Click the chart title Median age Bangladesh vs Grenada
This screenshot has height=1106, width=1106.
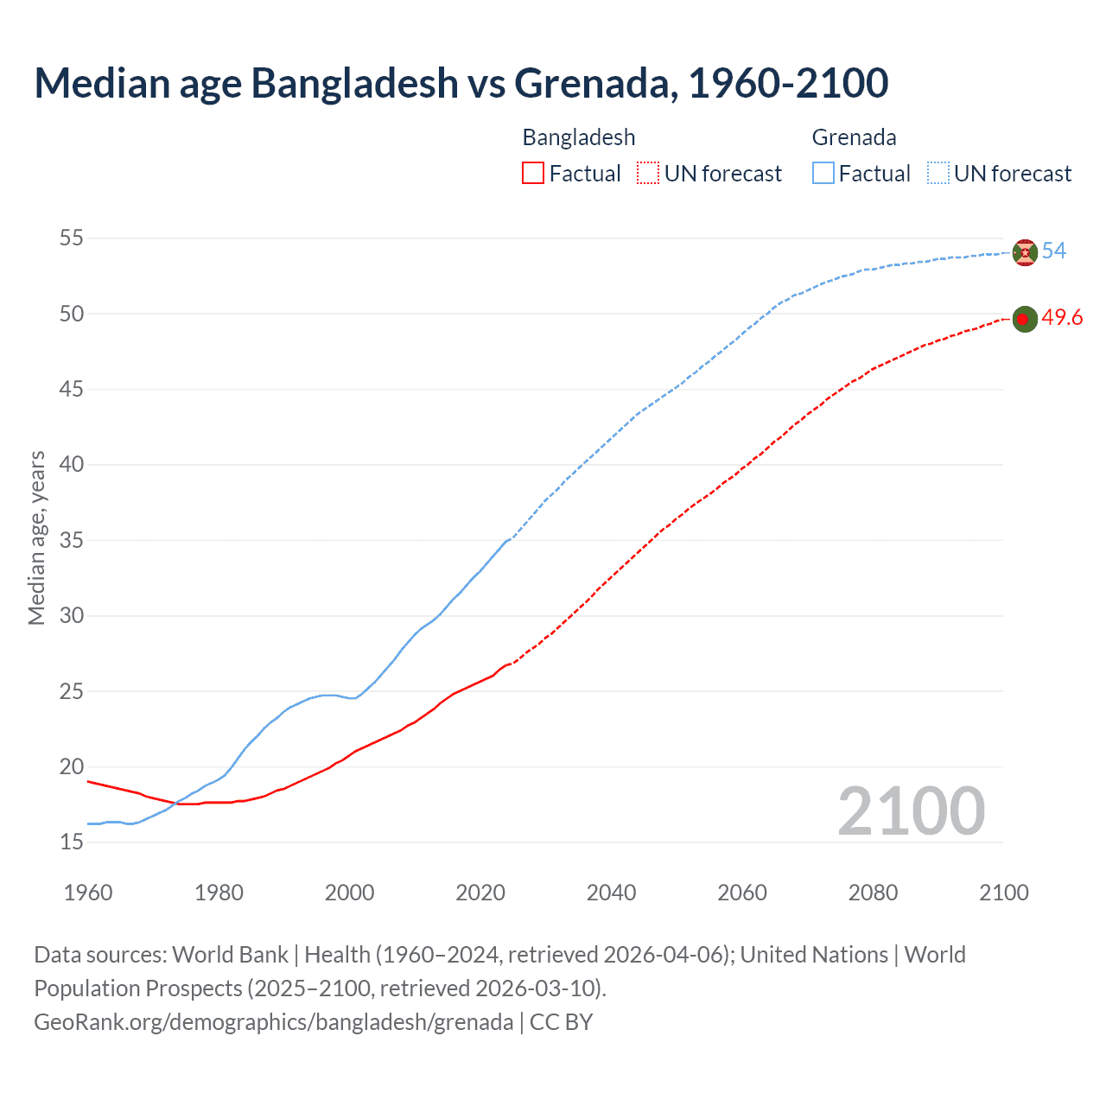(461, 83)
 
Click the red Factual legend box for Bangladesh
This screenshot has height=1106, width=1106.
(533, 174)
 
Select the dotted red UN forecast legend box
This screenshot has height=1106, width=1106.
(648, 174)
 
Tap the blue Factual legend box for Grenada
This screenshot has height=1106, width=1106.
(823, 174)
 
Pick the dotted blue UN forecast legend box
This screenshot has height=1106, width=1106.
(938, 174)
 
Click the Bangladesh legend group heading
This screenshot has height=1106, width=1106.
(578, 137)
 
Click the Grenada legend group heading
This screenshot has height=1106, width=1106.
(854, 137)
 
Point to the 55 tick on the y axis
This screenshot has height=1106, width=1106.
(72, 238)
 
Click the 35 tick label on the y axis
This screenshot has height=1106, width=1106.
(72, 540)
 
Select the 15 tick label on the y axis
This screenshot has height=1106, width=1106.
(72, 842)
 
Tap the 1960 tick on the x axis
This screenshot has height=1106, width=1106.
(88, 893)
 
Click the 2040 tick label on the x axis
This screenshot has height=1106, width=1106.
(611, 893)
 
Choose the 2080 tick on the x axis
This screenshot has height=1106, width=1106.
(873, 893)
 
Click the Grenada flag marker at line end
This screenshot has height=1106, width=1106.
(1024, 252)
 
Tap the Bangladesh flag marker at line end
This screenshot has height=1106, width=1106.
(1024, 320)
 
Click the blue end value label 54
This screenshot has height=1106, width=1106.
(1053, 251)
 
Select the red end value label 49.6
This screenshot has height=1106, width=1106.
(1062, 318)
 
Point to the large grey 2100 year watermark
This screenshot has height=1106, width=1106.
(911, 811)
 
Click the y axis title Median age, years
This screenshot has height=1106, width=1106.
(36, 537)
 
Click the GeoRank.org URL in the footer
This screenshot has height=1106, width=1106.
(273, 1022)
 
